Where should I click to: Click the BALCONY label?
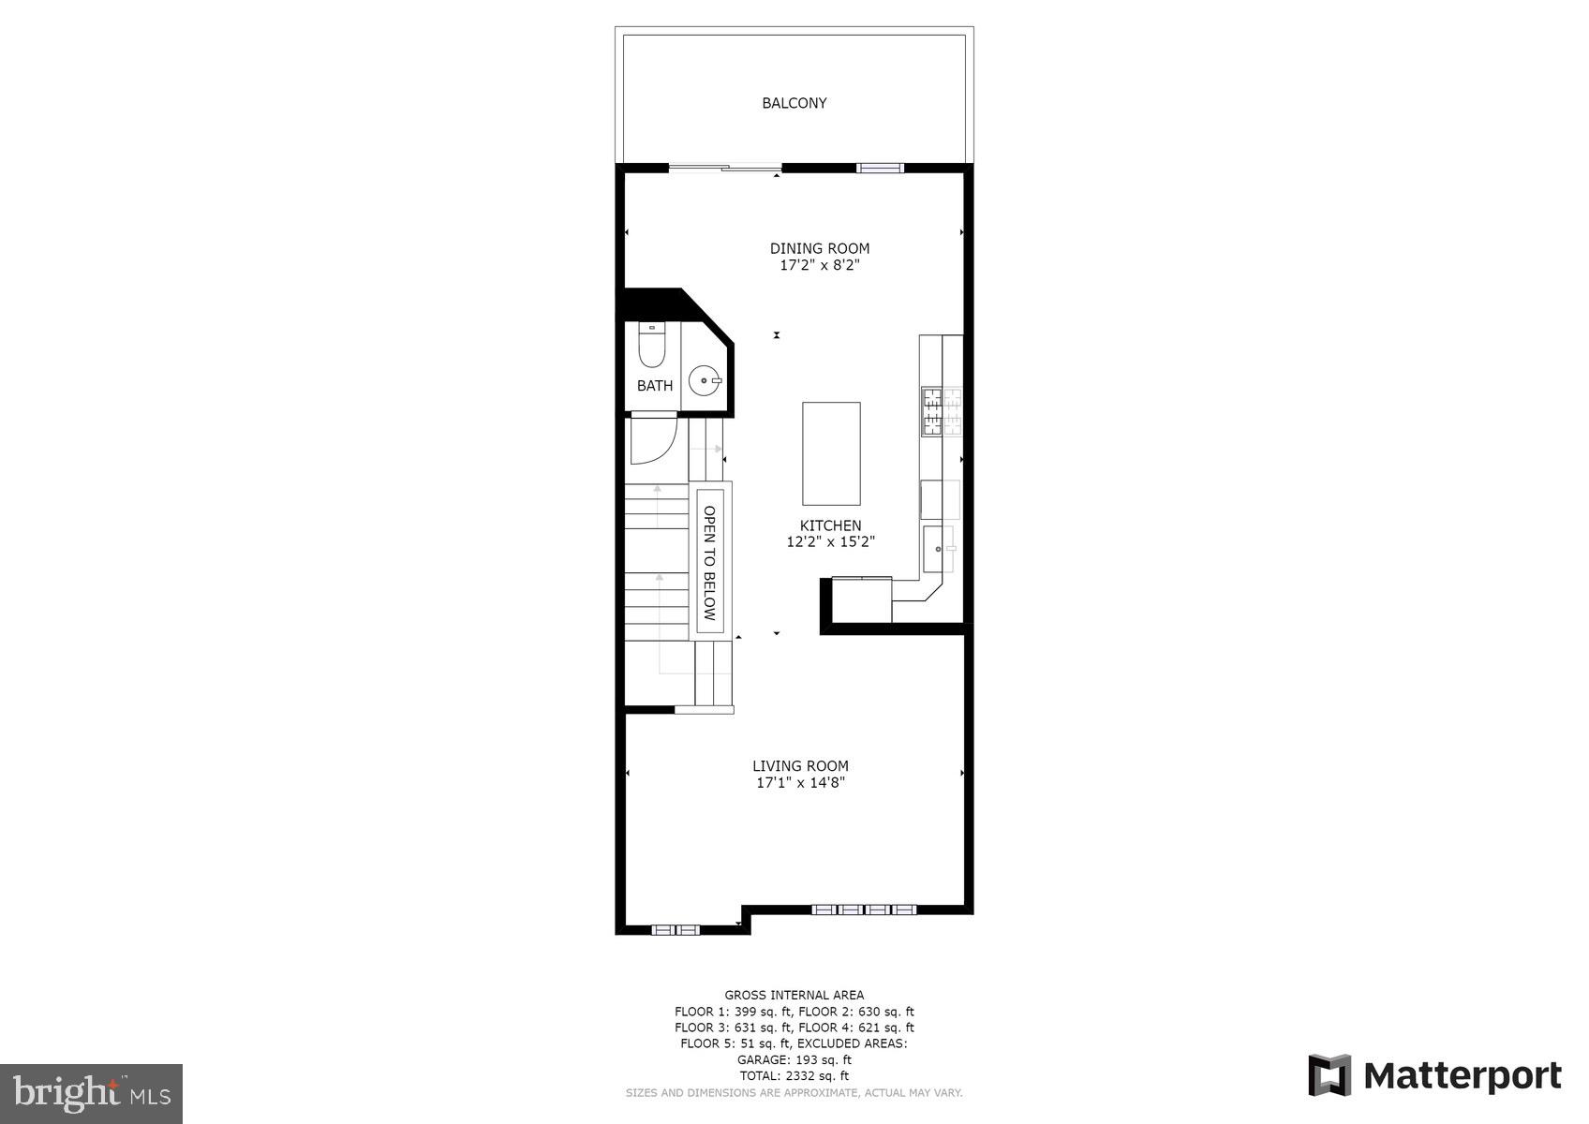point(794,103)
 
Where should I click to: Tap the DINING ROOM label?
point(820,248)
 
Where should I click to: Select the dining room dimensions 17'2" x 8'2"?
point(820,265)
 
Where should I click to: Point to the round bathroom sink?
point(705,380)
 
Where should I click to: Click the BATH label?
point(655,386)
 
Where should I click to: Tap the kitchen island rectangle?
point(831,453)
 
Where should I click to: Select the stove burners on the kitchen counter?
point(942,411)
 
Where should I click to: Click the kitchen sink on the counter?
point(939,549)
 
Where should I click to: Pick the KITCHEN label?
point(830,525)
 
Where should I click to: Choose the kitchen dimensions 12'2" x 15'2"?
point(830,541)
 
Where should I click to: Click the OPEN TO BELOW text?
point(709,563)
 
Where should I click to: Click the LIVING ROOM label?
point(800,766)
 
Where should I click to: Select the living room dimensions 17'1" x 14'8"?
point(800,783)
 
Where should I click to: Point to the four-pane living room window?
point(863,909)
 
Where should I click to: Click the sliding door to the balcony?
point(725,169)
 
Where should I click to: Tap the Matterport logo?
point(1434,1075)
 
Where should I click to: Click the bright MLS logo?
point(91,1093)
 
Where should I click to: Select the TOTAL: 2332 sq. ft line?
point(794,1076)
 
